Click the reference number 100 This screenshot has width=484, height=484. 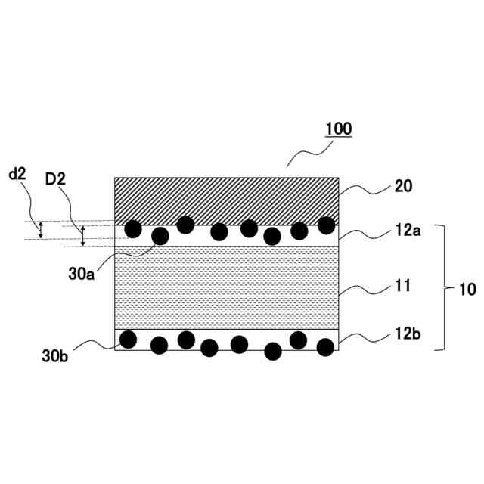click(x=338, y=129)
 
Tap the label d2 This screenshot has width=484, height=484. click(x=17, y=175)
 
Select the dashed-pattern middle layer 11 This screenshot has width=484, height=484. click(x=226, y=287)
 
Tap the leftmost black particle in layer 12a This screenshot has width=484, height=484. click(x=133, y=228)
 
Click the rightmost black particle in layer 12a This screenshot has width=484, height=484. click(x=326, y=225)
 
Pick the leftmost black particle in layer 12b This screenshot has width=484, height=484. click(x=129, y=339)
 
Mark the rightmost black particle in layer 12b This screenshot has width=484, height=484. click(x=325, y=347)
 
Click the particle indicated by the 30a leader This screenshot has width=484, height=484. click(x=160, y=236)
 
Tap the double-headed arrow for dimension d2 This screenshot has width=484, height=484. click(x=42, y=229)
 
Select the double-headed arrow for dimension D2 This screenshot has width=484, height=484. click(x=83, y=235)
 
